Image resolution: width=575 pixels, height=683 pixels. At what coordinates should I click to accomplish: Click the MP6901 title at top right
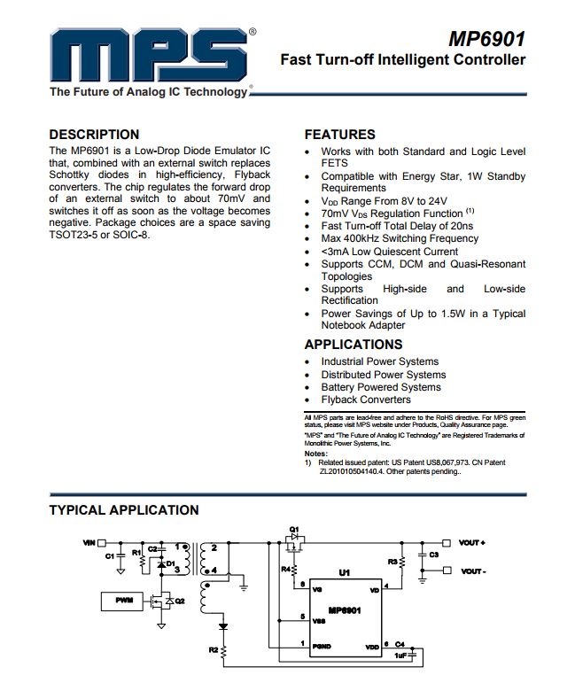[486, 39]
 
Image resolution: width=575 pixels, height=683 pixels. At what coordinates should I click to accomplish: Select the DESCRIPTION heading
[94, 135]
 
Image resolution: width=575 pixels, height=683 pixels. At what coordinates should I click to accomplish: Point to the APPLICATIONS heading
[353, 345]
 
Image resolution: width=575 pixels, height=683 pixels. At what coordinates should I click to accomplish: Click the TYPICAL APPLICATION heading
[124, 510]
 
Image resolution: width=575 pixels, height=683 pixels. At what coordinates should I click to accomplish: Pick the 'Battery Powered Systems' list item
[380, 387]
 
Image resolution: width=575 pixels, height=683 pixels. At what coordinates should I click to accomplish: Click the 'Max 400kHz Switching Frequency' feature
[400, 238]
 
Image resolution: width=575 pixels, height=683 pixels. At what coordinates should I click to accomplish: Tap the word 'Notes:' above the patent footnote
[316, 454]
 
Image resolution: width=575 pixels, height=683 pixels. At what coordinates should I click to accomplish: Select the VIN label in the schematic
[89, 542]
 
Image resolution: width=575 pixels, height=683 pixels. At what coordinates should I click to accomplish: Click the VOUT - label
[472, 571]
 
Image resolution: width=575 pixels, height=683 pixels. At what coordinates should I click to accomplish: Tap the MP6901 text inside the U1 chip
[345, 610]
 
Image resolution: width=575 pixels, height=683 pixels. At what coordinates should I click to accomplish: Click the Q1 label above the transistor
[294, 529]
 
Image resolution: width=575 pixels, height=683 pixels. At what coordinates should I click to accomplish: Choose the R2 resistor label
[214, 650]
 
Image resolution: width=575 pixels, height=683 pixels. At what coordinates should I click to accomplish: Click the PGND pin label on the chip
[322, 645]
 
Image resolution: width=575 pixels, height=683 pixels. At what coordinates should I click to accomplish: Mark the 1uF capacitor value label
[400, 656]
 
